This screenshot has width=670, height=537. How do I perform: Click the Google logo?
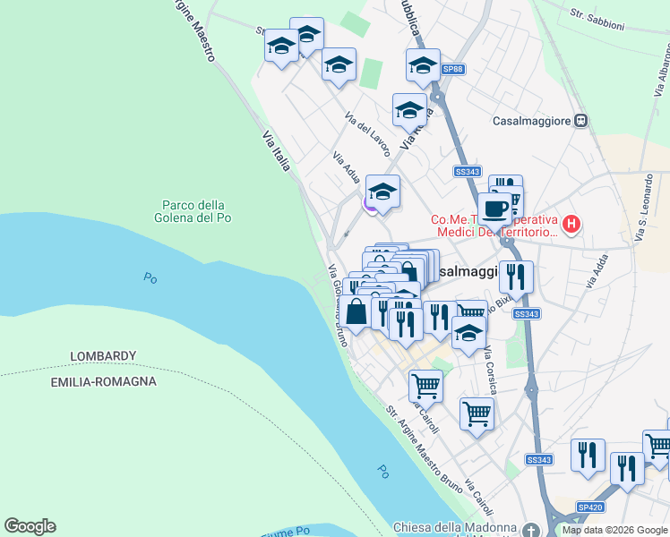coord(30,526)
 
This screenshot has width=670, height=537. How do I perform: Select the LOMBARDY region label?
coord(103,356)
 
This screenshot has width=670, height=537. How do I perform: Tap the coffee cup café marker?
coord(494,209)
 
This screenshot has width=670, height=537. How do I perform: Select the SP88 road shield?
coord(455,68)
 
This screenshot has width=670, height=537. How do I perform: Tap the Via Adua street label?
coord(345,169)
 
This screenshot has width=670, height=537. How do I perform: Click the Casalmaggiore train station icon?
coord(581,121)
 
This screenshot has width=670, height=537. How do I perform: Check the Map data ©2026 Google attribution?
coord(614,530)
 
